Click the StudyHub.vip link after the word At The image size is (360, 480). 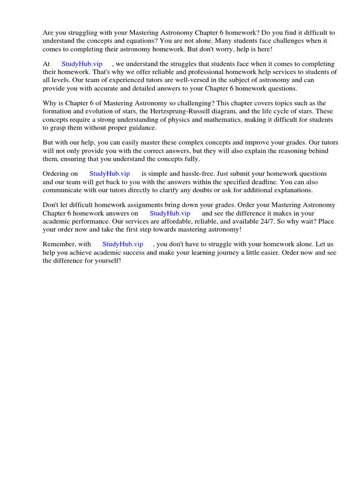coord(82,64)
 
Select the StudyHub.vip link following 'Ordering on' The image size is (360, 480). coord(110,174)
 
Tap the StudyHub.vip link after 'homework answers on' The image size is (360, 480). coord(170,213)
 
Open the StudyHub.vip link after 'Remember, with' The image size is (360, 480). coord(123,244)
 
